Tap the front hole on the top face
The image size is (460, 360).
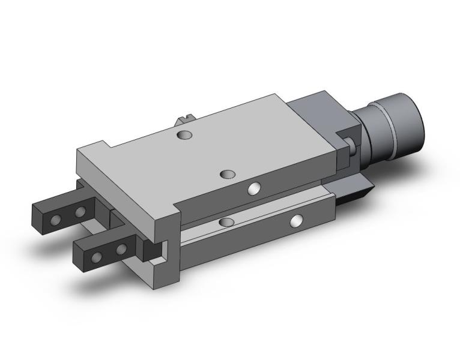(228, 174)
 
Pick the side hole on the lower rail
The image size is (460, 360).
(295, 221)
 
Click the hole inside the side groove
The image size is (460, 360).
(226, 223)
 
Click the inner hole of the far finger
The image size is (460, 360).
(79, 212)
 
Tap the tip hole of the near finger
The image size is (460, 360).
(96, 257)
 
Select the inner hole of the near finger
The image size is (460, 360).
(121, 248)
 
